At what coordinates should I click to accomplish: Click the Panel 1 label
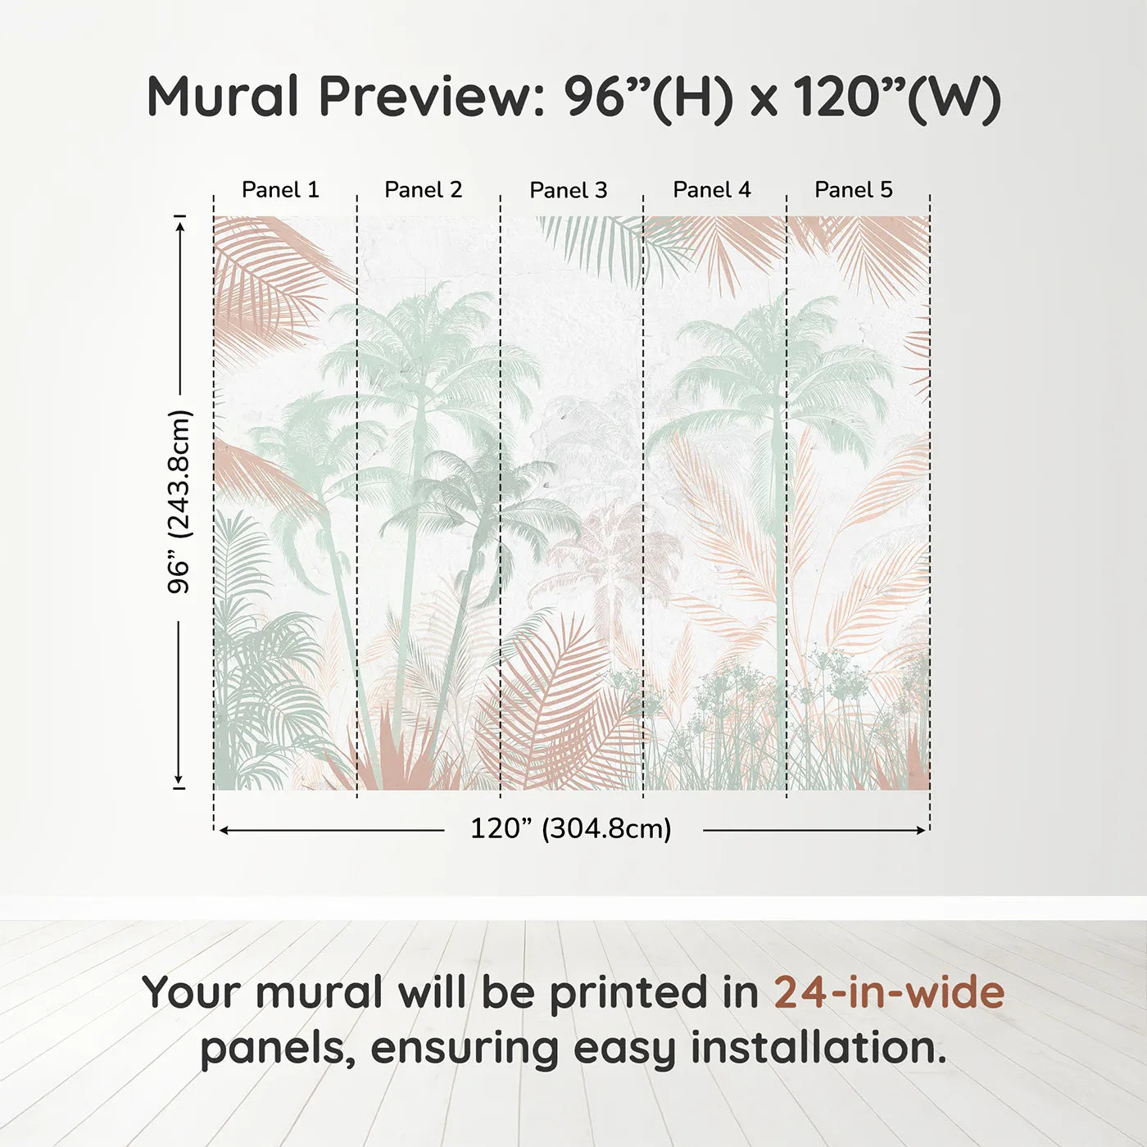click(x=280, y=190)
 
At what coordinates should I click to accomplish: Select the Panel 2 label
click(x=424, y=190)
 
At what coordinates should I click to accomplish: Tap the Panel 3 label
click(x=569, y=191)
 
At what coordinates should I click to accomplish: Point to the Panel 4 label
click(x=712, y=190)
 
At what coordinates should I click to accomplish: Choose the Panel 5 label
click(x=854, y=190)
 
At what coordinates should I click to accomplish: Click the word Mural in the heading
click(x=223, y=97)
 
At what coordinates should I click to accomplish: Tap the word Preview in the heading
click(x=425, y=97)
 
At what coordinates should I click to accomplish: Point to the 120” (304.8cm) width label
click(x=571, y=829)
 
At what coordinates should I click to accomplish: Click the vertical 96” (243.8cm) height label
click(x=179, y=501)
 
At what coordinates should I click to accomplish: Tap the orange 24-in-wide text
click(x=889, y=993)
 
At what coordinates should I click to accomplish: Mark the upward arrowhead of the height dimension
click(x=179, y=222)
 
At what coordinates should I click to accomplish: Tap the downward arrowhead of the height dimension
click(x=179, y=780)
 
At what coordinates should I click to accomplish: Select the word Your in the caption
click(x=193, y=993)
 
